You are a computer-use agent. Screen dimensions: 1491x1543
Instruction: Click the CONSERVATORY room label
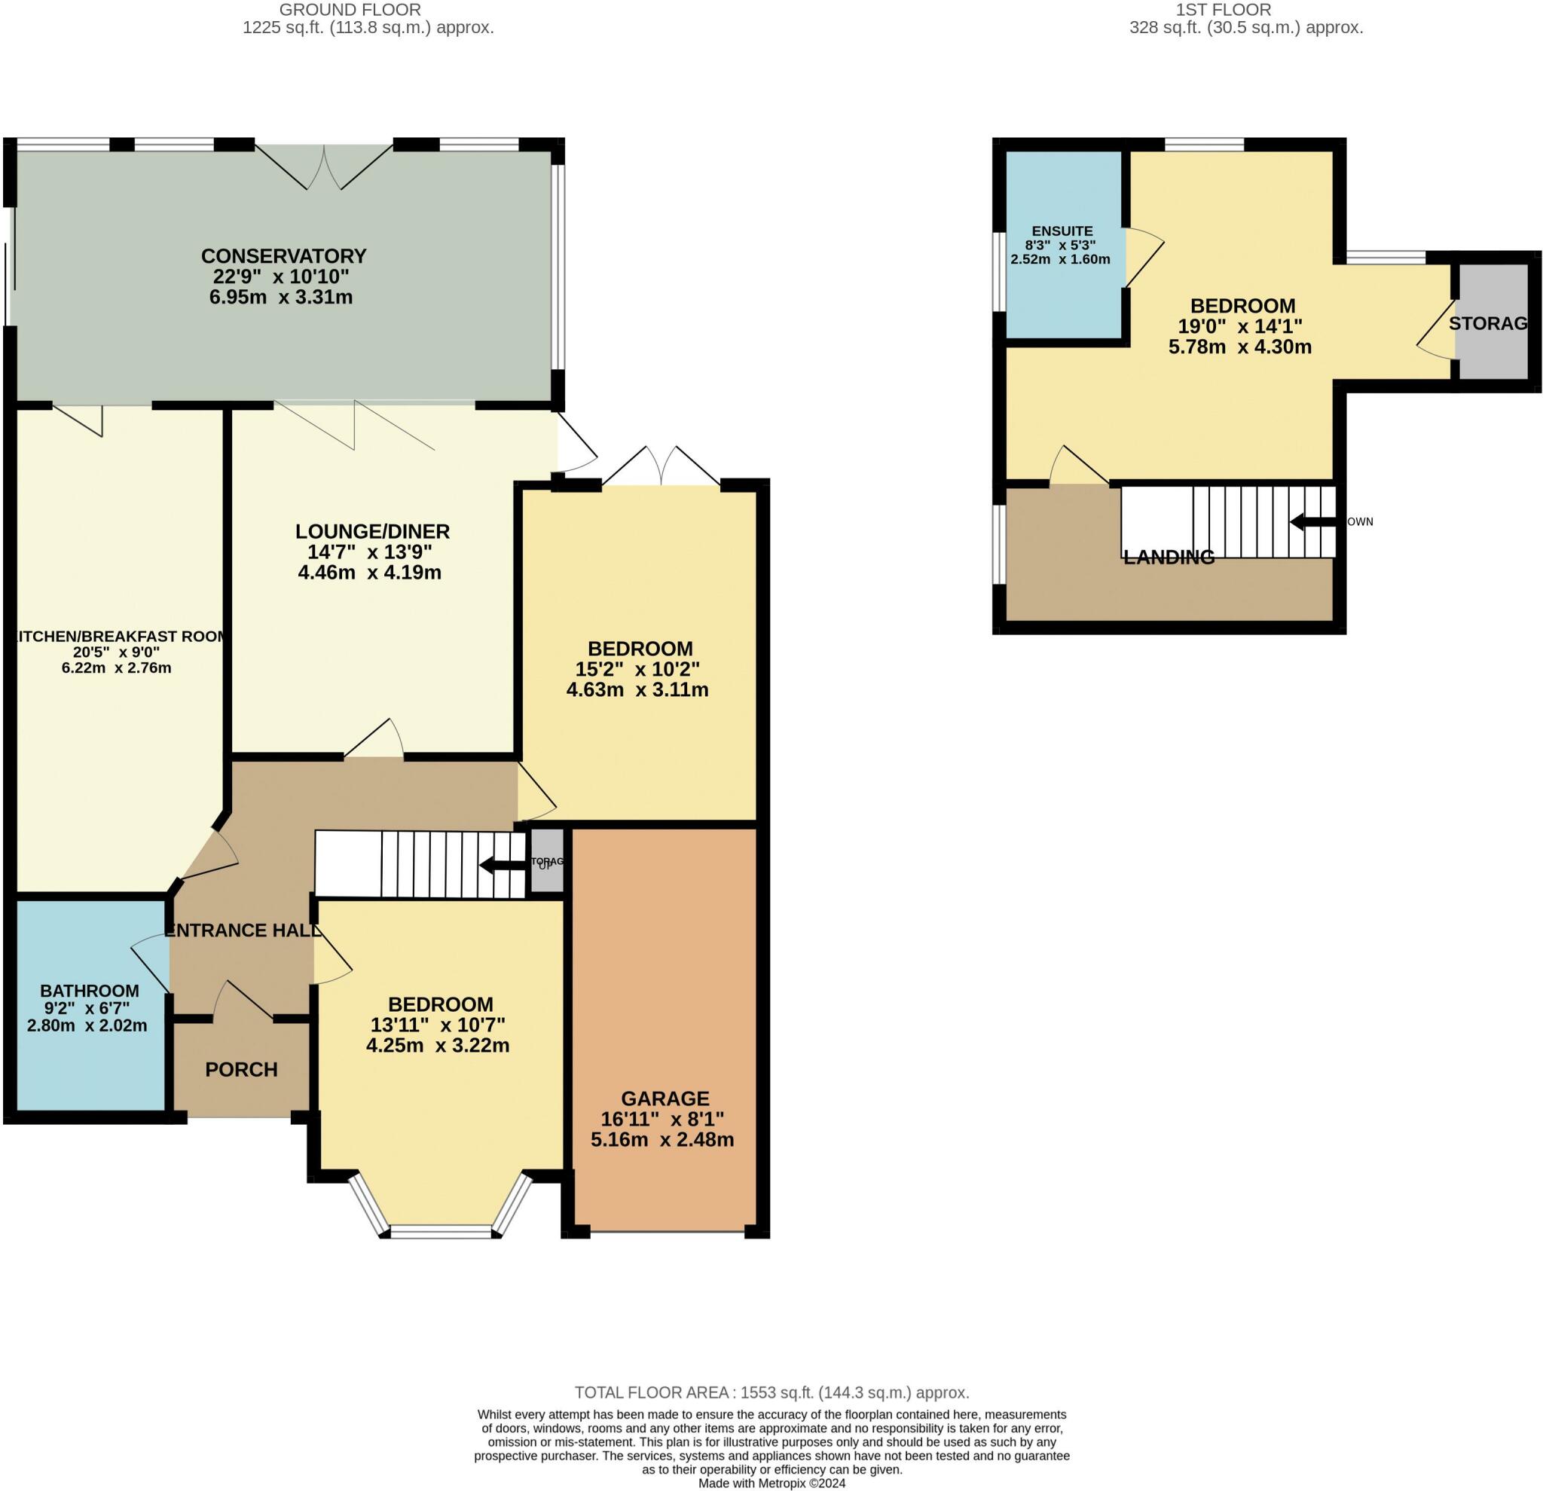click(x=283, y=256)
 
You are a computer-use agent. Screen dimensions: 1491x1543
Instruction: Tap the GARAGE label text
click(x=665, y=1098)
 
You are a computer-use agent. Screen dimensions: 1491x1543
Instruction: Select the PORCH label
click(x=241, y=1069)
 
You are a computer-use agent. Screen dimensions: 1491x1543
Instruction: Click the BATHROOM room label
click(x=89, y=990)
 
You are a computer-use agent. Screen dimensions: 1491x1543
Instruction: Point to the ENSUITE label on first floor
click(x=1062, y=231)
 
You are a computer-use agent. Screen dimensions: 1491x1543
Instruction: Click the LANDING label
click(x=1169, y=558)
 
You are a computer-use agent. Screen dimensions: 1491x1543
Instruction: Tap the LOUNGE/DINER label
click(x=371, y=530)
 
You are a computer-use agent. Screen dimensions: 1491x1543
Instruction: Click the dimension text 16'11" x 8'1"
click(x=662, y=1119)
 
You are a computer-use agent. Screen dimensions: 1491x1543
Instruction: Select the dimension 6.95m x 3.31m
click(x=280, y=298)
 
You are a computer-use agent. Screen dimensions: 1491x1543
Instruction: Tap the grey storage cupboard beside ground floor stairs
click(x=547, y=861)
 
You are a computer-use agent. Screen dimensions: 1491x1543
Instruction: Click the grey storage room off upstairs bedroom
click(x=1492, y=322)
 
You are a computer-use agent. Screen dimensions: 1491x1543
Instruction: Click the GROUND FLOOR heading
click(x=350, y=11)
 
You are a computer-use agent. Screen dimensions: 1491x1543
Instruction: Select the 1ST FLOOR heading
click(x=1223, y=11)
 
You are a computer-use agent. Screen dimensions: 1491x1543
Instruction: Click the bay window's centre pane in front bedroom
click(x=441, y=1231)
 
